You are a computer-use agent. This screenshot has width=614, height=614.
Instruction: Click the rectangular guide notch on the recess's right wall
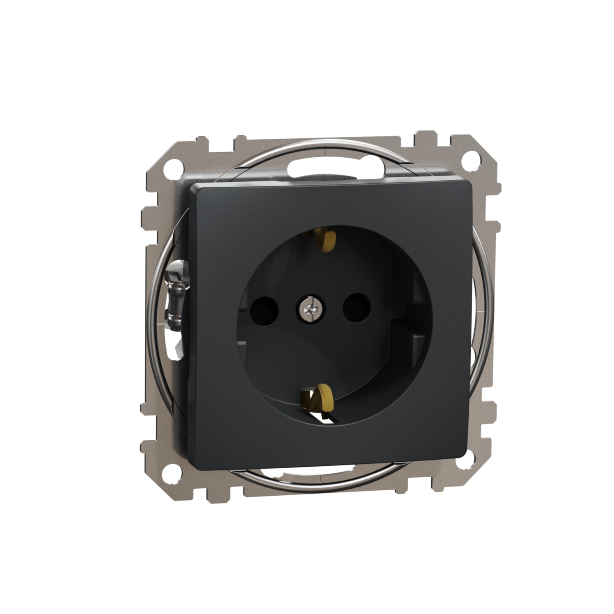(413, 305)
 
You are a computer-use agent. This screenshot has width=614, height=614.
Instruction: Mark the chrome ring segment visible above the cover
(311, 145)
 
